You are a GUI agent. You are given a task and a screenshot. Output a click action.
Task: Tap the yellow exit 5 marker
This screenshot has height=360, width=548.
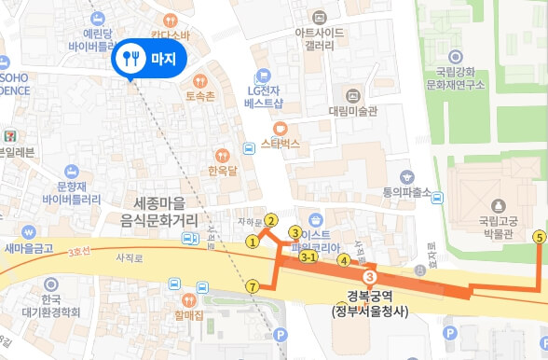coord(539,238)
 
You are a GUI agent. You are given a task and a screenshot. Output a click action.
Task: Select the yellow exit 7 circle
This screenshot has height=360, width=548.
coord(253,285)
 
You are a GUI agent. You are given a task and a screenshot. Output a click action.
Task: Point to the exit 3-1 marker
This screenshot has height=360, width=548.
coord(308,256)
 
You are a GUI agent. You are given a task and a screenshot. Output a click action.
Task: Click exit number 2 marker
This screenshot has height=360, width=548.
coord(270,220)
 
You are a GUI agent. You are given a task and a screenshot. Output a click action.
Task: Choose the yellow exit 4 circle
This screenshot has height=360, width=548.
coord(343,260)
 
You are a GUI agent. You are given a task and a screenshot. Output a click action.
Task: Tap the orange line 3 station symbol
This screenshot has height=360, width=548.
coord(370,278)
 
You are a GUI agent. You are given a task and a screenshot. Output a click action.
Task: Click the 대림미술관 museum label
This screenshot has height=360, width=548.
coord(353,110)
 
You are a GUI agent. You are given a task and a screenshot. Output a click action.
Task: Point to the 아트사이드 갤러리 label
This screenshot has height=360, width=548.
coord(319,38)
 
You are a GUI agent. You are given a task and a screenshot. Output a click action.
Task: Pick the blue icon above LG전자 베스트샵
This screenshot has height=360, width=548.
coord(264,75)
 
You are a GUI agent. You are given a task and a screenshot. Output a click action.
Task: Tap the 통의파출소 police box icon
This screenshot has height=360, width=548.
coord(406,176)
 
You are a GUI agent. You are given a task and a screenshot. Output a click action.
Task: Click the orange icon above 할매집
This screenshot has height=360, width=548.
coord(188,300)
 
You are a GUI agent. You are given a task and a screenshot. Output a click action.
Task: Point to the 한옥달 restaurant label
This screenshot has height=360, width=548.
coord(222,171)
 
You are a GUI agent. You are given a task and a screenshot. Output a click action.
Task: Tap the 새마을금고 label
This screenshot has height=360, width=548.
coord(29,248)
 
